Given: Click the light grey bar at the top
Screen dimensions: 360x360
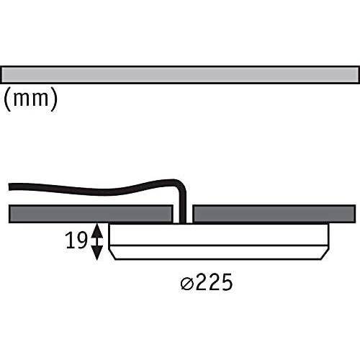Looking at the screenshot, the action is click(180, 75).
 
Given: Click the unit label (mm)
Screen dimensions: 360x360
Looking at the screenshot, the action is click(31, 99).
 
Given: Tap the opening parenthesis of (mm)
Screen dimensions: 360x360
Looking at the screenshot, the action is click(7, 99).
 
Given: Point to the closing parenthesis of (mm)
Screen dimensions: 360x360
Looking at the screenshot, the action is click(54, 99).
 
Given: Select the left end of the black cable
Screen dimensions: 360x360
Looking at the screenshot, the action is click(9, 186).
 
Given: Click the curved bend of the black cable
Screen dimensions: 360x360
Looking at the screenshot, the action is click(181, 184).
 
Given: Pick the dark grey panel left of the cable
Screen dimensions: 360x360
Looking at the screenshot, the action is click(91, 214).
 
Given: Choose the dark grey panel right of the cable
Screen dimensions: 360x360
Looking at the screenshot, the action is click(274, 214).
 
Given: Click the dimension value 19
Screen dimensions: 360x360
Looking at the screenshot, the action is click(76, 240).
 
